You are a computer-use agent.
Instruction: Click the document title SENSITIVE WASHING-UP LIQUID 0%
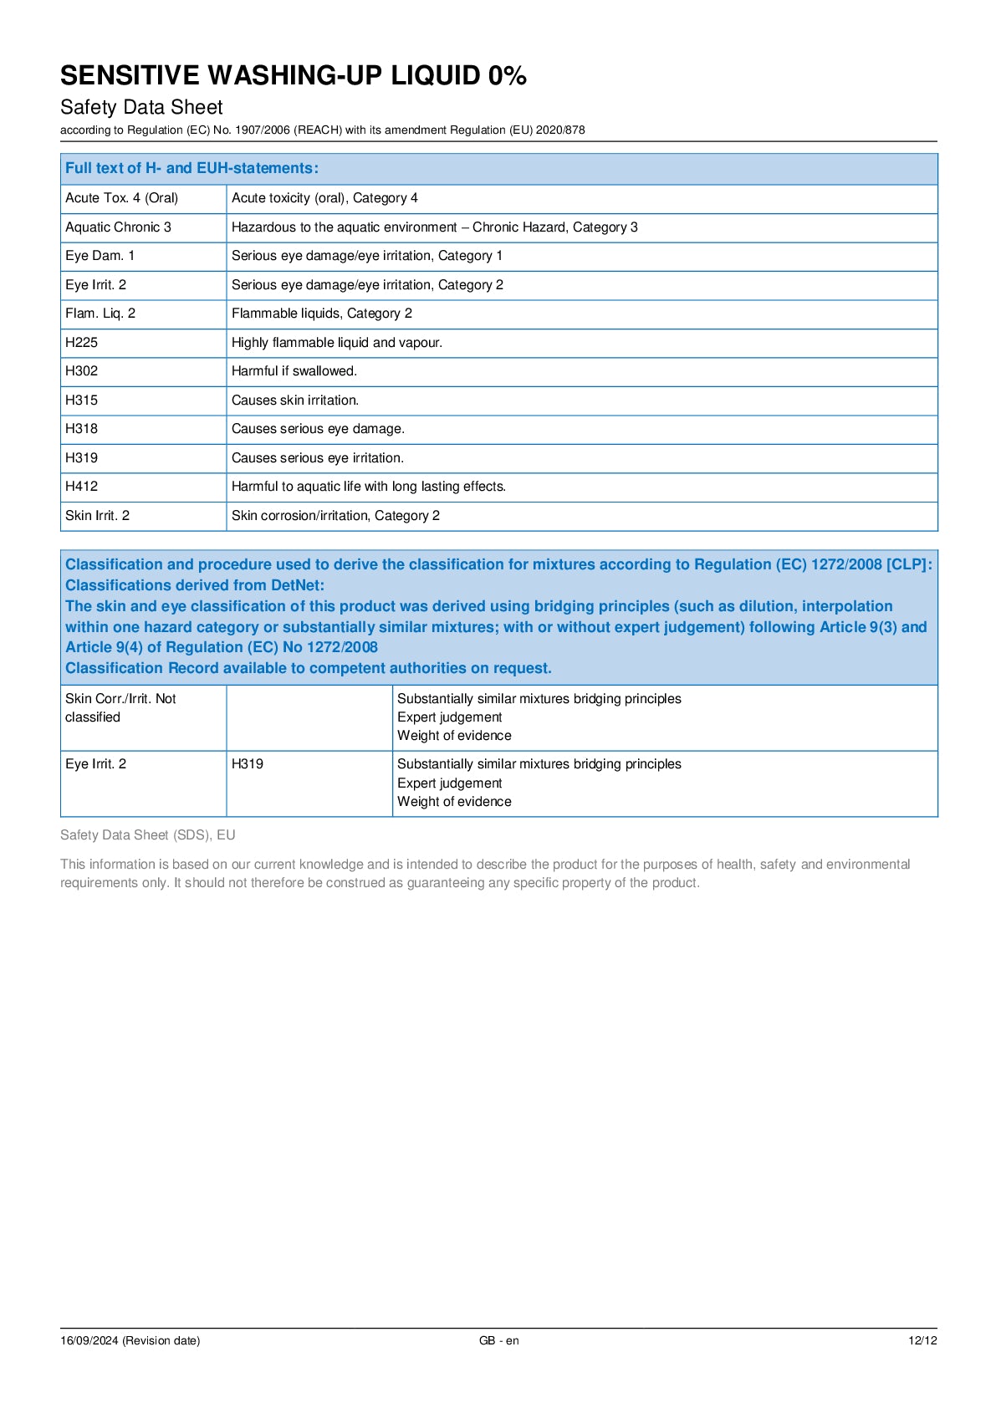pos(293,75)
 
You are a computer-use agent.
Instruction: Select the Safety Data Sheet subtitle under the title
pos(141,107)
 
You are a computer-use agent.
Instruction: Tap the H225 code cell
pos(82,343)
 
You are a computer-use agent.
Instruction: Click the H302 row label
pos(82,371)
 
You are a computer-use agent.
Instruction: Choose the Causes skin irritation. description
pos(295,400)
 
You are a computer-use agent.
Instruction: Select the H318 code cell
pos(82,429)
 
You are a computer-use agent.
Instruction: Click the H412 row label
pos(82,487)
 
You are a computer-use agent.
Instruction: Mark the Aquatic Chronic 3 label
pos(118,227)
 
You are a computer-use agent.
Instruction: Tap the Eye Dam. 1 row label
pos(100,256)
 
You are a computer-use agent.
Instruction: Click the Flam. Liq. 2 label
pos(100,314)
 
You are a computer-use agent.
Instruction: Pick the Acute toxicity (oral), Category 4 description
pos(324,198)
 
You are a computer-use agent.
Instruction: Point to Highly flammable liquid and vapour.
pos(337,343)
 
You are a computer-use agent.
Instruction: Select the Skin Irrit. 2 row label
pos(98,516)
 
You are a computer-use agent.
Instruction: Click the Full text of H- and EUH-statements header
pos(192,168)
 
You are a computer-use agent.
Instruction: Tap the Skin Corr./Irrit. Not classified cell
pos(120,708)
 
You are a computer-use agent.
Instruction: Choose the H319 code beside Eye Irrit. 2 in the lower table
pos(248,764)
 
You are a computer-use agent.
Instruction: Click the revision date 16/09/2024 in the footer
pos(130,1340)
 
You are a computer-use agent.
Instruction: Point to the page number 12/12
pos(922,1340)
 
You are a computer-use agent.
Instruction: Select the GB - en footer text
pos(498,1340)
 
